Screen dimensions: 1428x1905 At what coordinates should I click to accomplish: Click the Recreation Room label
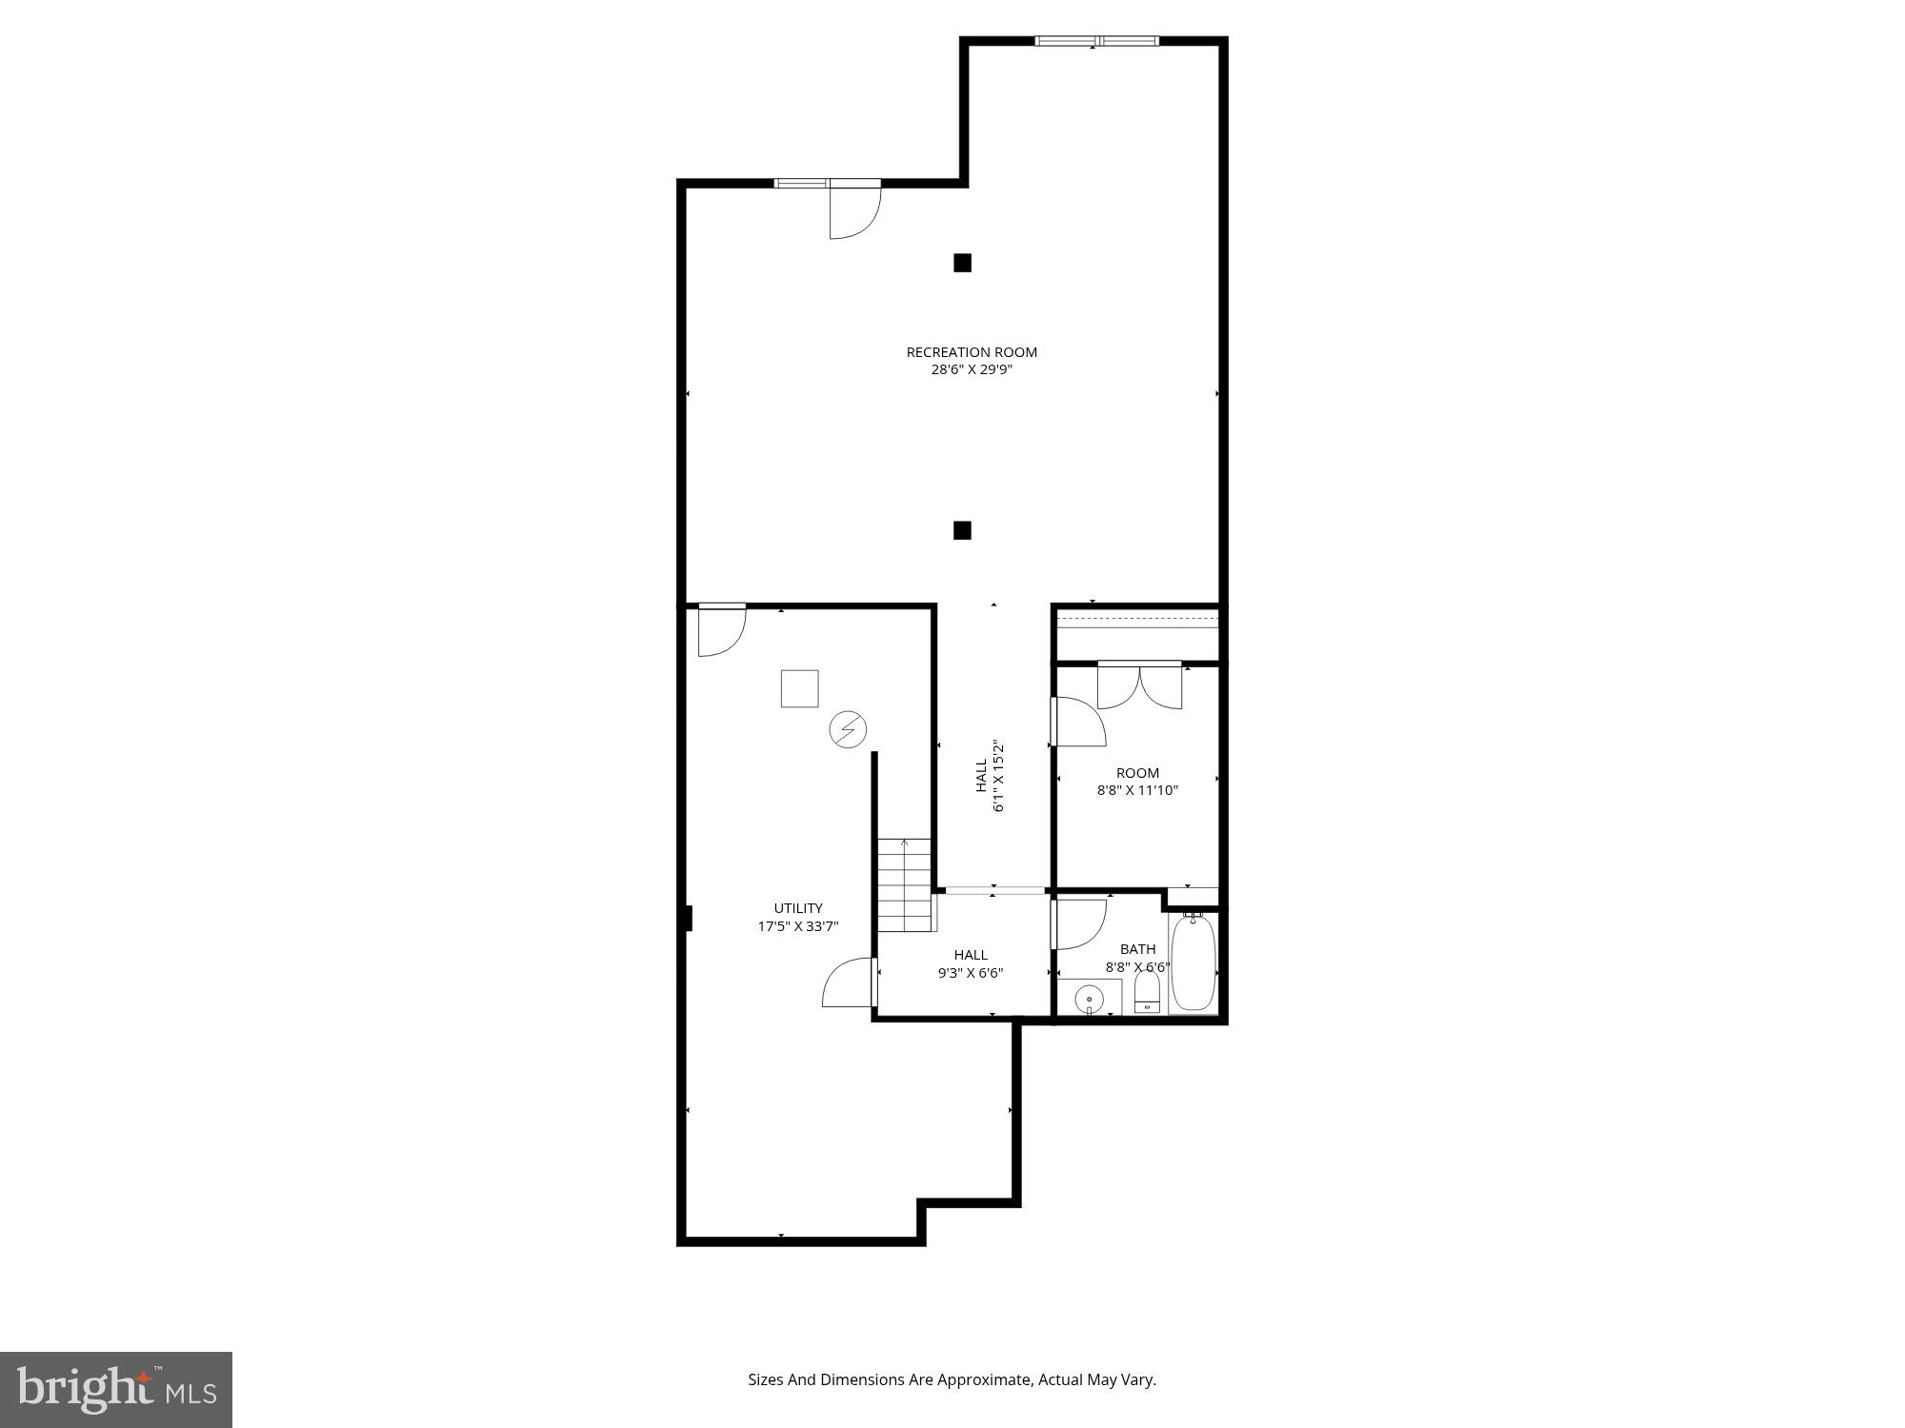pos(972,352)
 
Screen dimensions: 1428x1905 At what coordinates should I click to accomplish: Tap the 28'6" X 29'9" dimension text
pos(972,370)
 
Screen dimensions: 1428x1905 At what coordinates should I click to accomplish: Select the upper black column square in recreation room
pos(962,263)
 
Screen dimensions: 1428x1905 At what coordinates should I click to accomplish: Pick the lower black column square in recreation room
pos(962,530)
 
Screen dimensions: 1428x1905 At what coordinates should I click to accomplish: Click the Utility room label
pos(798,908)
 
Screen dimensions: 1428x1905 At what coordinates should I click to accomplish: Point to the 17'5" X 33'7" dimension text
pos(798,926)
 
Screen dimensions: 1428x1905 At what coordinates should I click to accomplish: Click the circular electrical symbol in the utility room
pos(848,730)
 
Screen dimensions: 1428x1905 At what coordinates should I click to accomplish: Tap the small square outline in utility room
pos(799,688)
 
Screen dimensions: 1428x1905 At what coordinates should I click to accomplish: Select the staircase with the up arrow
pos(904,885)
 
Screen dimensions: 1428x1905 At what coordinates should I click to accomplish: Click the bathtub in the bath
pos(1193,963)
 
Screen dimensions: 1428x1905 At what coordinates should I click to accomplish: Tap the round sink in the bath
pos(1089,1000)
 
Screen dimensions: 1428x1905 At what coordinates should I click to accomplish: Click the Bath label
pos(1137,949)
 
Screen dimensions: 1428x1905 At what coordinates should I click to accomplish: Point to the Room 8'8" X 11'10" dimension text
pos(1137,790)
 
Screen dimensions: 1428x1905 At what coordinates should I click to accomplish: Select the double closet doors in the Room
pos(1139,685)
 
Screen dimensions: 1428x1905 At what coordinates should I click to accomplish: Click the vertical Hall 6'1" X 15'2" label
pos(990,776)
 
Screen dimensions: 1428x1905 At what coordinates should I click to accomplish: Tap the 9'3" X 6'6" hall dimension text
pos(971,973)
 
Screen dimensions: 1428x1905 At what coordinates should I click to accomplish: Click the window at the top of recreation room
pos(1097,41)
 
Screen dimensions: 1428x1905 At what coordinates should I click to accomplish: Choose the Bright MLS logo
pos(116,1389)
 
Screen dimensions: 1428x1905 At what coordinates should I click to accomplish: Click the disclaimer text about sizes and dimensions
pos(952,1379)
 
